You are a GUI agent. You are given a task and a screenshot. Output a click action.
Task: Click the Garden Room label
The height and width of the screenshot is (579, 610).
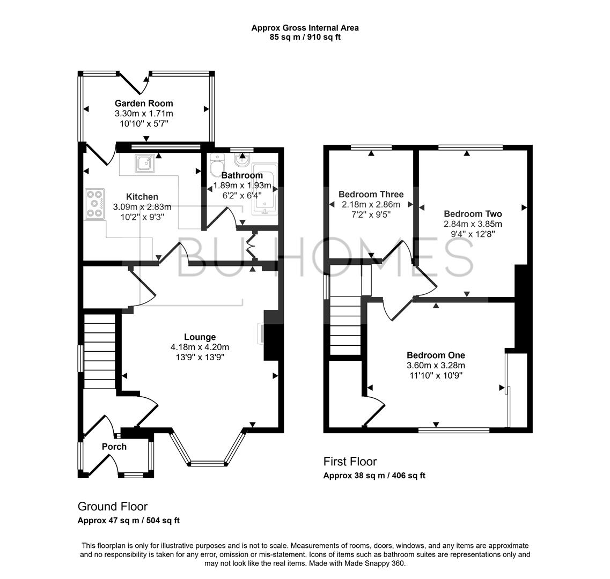(x=144, y=103)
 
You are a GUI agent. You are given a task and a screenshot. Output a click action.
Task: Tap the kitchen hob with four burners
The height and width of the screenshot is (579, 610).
(x=95, y=204)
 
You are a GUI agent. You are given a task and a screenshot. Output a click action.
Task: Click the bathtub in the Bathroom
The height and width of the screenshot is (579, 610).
(x=263, y=189)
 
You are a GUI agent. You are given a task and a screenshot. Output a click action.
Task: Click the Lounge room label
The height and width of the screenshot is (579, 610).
(x=200, y=337)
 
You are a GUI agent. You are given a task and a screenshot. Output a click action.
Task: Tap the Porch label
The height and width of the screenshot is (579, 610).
(x=114, y=447)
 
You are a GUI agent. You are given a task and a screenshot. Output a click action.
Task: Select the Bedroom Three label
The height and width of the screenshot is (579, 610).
(x=371, y=194)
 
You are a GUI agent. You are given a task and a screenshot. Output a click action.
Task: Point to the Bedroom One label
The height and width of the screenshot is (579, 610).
(x=436, y=355)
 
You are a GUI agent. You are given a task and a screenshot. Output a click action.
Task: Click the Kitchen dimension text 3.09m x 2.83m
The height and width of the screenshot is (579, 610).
(x=142, y=207)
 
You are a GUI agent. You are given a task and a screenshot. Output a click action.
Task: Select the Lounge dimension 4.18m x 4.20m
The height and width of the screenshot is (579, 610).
(x=200, y=347)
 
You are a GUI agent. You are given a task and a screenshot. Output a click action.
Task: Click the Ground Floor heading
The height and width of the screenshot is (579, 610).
(x=113, y=506)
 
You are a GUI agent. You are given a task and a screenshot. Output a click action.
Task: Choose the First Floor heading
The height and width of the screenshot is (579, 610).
(x=350, y=461)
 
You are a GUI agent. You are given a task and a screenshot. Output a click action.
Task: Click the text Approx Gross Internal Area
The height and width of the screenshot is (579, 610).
(x=305, y=28)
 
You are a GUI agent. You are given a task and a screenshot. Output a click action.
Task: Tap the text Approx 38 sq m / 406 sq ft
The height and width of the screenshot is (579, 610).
(x=374, y=476)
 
